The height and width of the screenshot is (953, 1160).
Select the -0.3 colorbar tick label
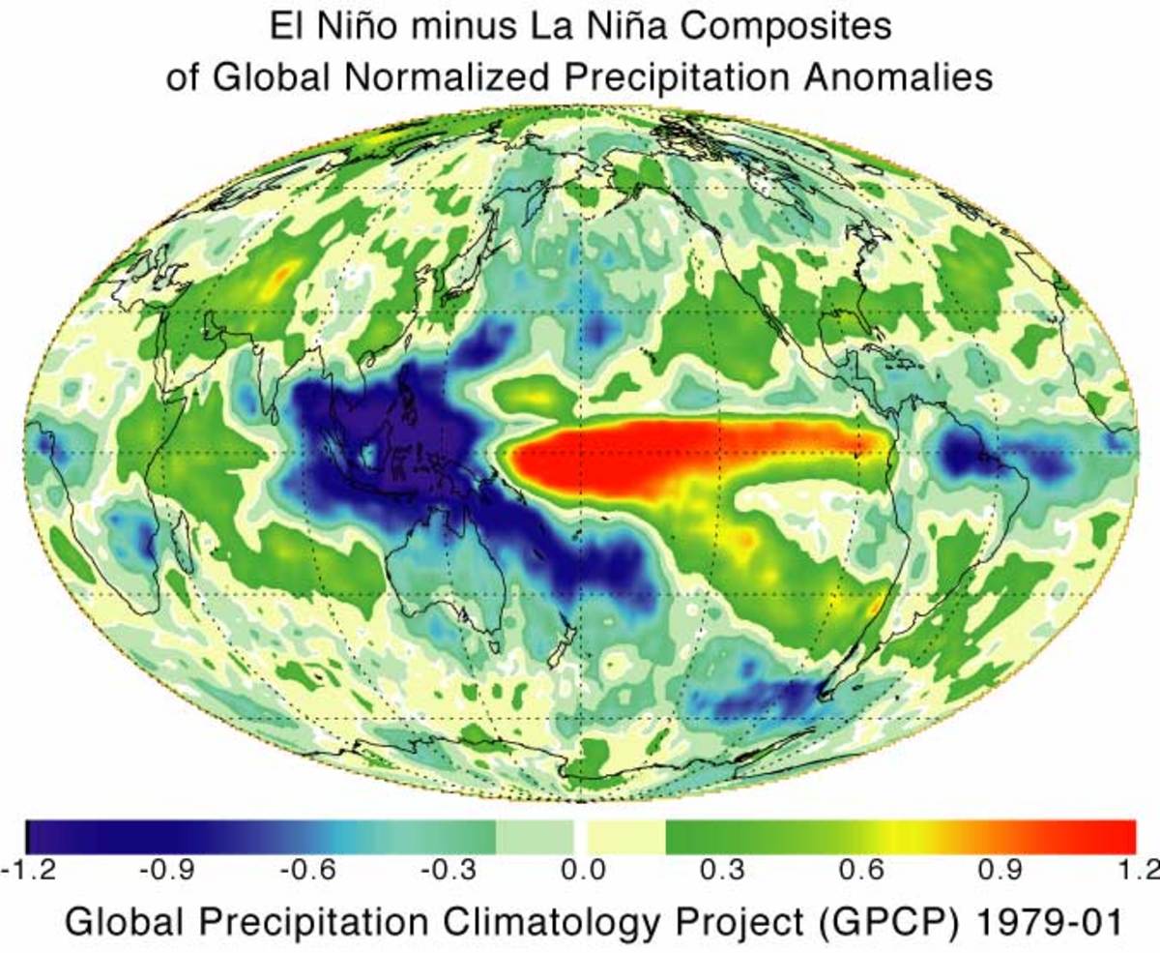click(x=444, y=868)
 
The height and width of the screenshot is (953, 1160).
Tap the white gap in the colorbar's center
click(x=581, y=834)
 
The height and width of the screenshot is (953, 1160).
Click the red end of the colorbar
click(x=1102, y=834)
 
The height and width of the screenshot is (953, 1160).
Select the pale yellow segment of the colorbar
click(x=625, y=834)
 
